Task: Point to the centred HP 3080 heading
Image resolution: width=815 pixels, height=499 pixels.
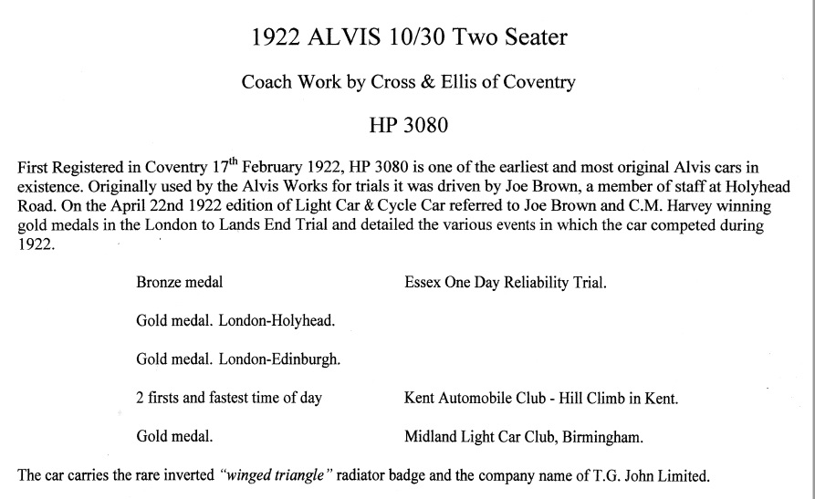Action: [x=408, y=125]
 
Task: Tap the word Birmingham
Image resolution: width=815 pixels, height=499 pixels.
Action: [x=603, y=437]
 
